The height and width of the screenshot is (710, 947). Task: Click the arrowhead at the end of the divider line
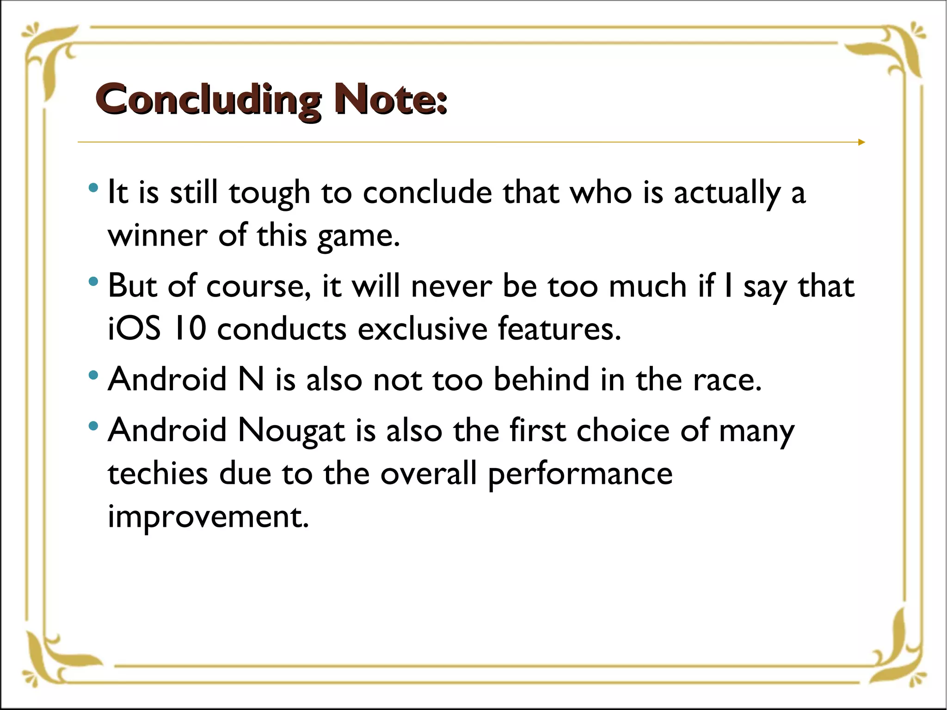pos(861,142)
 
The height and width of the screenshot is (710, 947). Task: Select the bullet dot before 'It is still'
pos(93,188)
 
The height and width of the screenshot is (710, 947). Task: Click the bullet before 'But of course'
pos(93,281)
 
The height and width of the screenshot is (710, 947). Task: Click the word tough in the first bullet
pos(269,193)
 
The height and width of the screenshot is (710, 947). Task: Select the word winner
pos(158,236)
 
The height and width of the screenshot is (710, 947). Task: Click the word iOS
pos(134,329)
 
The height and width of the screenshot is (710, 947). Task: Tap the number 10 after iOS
pos(190,329)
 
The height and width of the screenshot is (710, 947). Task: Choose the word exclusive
pos(423,329)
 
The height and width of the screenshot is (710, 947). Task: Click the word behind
pos(541,380)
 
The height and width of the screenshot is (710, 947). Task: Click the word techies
pos(158,474)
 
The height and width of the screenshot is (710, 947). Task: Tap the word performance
pos(580,475)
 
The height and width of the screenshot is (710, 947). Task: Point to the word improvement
pos(208,517)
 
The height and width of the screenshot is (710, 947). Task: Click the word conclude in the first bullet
pos(427,192)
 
